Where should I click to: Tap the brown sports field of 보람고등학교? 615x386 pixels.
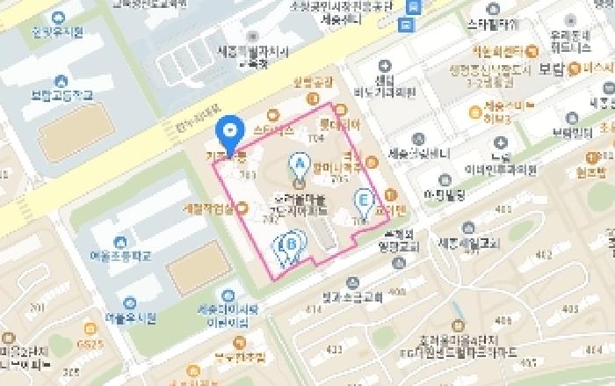[x=75, y=136]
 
